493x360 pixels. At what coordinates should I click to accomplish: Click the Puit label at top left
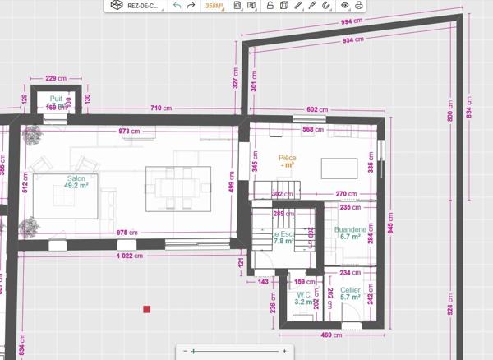point(55,99)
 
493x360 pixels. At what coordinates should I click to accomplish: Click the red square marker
point(147,309)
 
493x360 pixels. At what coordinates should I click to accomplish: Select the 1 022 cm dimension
point(127,256)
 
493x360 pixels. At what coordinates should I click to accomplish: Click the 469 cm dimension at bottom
point(331,335)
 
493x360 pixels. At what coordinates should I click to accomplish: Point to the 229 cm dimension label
point(56,78)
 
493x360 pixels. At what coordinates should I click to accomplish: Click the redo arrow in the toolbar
point(191,5)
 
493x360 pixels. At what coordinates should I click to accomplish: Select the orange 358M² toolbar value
point(215,5)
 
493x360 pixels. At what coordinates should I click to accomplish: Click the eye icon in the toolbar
point(345,5)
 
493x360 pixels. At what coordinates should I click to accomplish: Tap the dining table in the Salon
point(177,188)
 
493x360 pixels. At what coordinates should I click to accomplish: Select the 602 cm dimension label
point(317,109)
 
